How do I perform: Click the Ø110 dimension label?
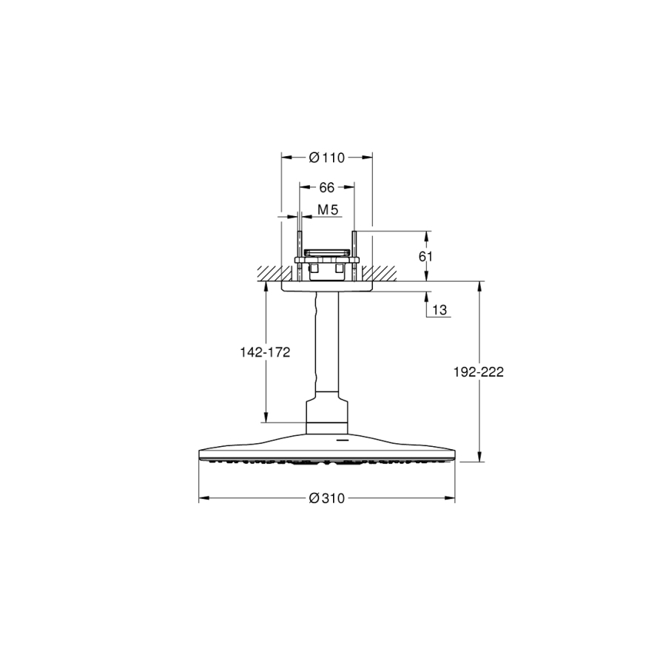(x=326, y=158)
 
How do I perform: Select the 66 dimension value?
(x=326, y=187)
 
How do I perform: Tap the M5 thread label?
(x=328, y=209)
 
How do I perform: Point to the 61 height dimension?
(x=425, y=257)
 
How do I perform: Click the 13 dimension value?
(x=440, y=309)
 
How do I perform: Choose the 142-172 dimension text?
(x=265, y=352)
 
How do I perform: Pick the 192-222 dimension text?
(x=478, y=372)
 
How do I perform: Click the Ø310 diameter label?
(x=326, y=498)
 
